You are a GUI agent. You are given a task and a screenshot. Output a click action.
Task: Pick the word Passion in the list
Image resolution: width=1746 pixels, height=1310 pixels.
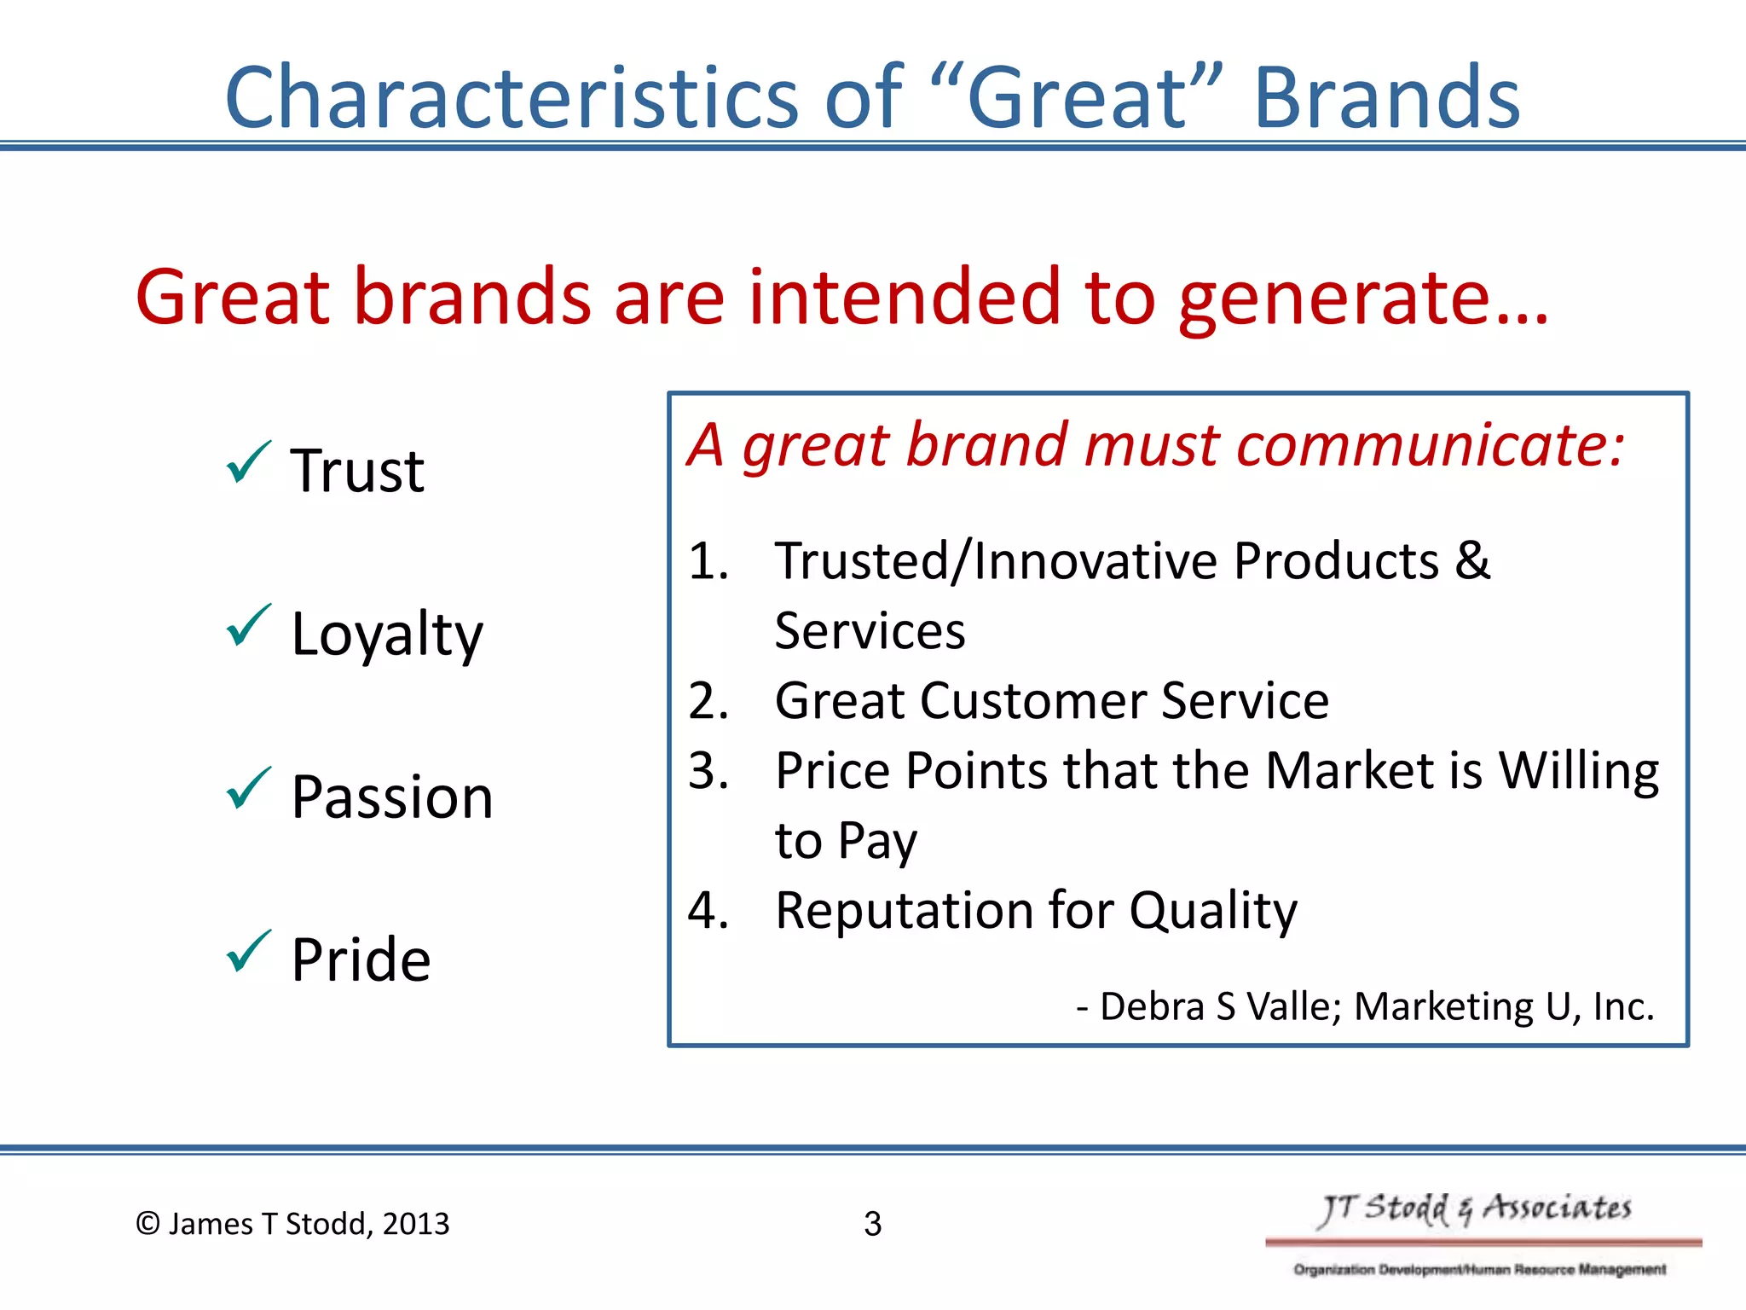point(392,797)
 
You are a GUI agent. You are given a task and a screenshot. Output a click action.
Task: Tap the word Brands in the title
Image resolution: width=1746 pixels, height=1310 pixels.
point(1387,99)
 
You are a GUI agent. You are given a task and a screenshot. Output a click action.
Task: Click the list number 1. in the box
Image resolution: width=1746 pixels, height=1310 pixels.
point(708,562)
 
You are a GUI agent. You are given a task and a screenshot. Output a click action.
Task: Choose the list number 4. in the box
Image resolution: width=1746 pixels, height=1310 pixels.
point(708,910)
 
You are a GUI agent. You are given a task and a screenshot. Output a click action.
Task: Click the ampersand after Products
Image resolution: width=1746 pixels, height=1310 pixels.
point(1472,561)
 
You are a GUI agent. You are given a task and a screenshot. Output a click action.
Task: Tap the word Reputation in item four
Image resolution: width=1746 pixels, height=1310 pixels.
point(903,910)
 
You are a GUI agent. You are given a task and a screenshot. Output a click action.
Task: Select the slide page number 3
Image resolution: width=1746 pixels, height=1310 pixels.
point(872,1224)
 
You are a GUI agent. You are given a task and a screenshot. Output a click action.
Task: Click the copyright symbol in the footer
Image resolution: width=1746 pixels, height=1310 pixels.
point(148,1224)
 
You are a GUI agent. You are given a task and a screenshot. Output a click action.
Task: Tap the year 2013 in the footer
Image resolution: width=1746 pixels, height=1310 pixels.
point(415,1224)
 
